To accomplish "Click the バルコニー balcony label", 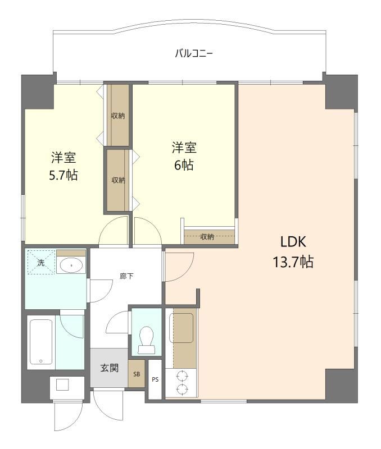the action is pos(194,53).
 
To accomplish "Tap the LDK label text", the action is pos(293,242).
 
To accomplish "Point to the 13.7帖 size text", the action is pos(293,262).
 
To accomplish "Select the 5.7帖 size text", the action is pos(63,175).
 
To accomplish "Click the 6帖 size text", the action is pos(184,165).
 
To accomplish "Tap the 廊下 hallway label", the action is pos(126,276).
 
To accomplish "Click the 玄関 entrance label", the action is pos(110,368).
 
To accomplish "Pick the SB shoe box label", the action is pos(137,374).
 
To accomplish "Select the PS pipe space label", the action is pos(155,380).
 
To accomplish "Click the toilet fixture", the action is pos(147,340).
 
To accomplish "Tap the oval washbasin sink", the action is pos(71,265).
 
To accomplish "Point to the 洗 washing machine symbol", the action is pos(40,262).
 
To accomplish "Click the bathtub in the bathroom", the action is pos(41,342).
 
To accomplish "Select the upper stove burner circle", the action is pos(182,376).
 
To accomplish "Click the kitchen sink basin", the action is pos(181,328).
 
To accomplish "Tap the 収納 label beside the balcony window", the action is pos(118,116).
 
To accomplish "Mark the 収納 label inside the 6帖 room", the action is pos(207,237).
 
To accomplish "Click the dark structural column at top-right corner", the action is pos(341,91).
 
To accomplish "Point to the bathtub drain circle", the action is pos(40,361).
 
